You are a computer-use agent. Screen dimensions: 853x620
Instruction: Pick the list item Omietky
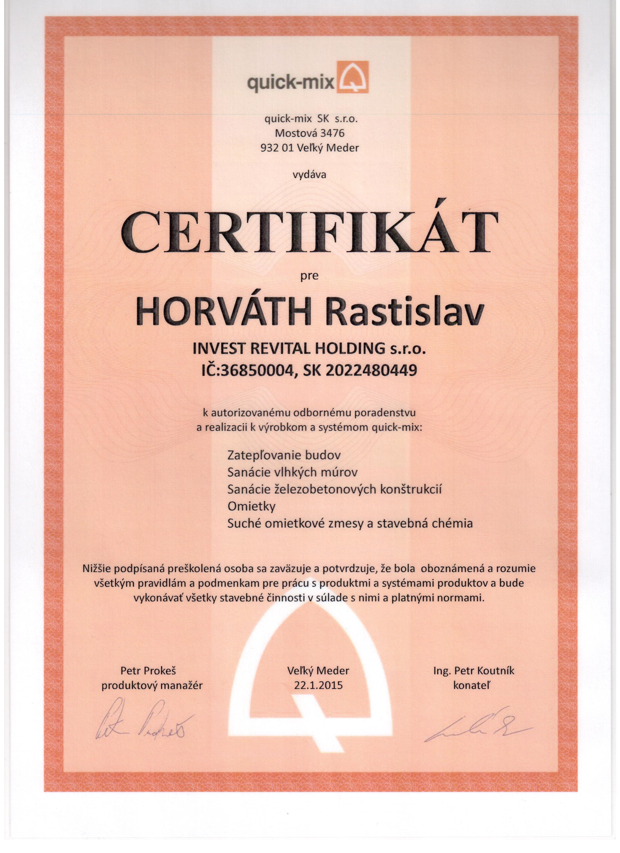(251, 506)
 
